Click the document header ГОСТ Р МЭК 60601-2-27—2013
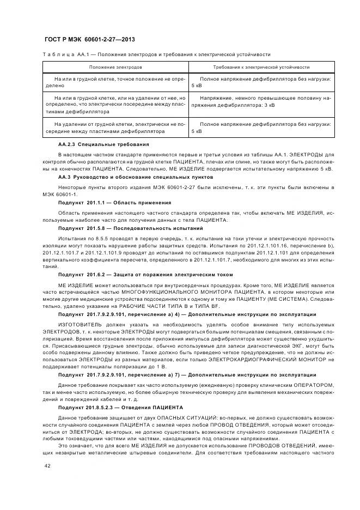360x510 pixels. point(89,40)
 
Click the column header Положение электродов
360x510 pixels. point(116,67)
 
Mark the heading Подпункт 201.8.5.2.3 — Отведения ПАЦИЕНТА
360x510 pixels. point(120,408)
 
